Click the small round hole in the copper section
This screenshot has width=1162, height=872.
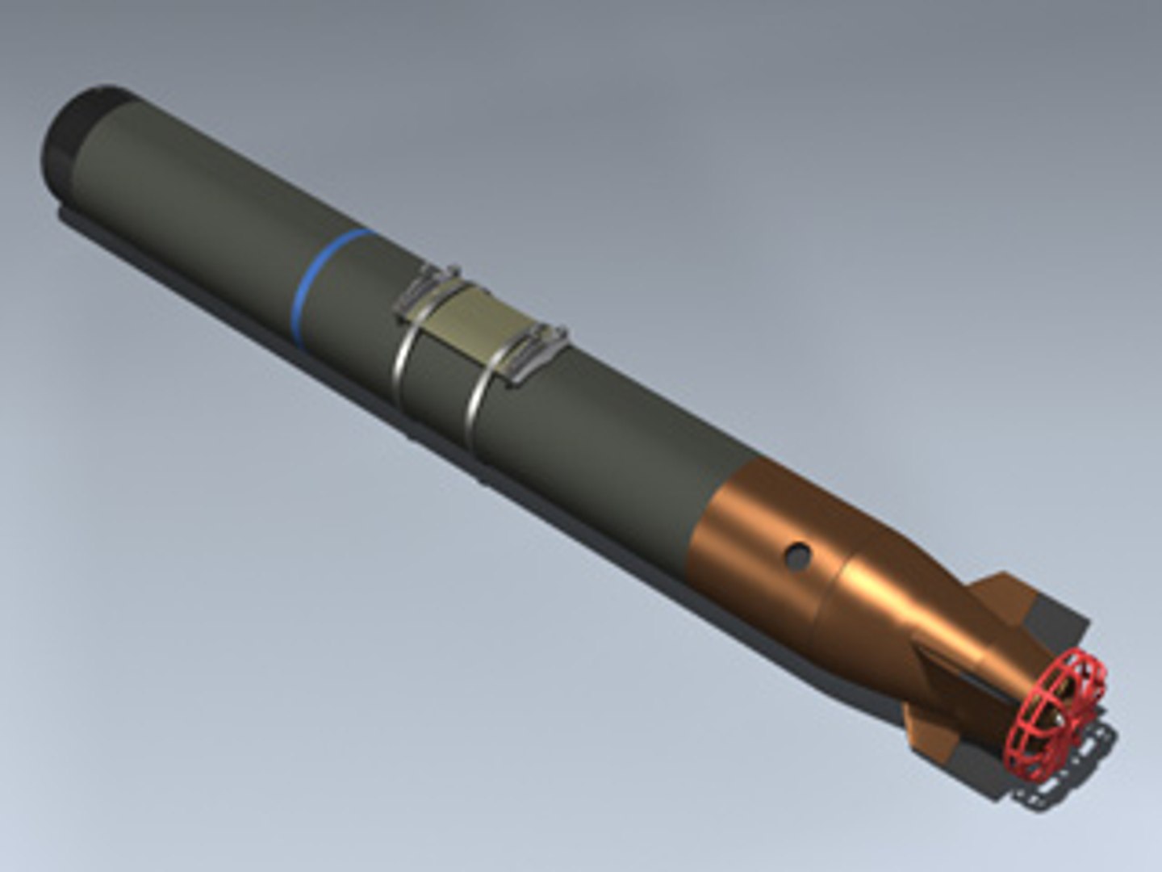[798, 554]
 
